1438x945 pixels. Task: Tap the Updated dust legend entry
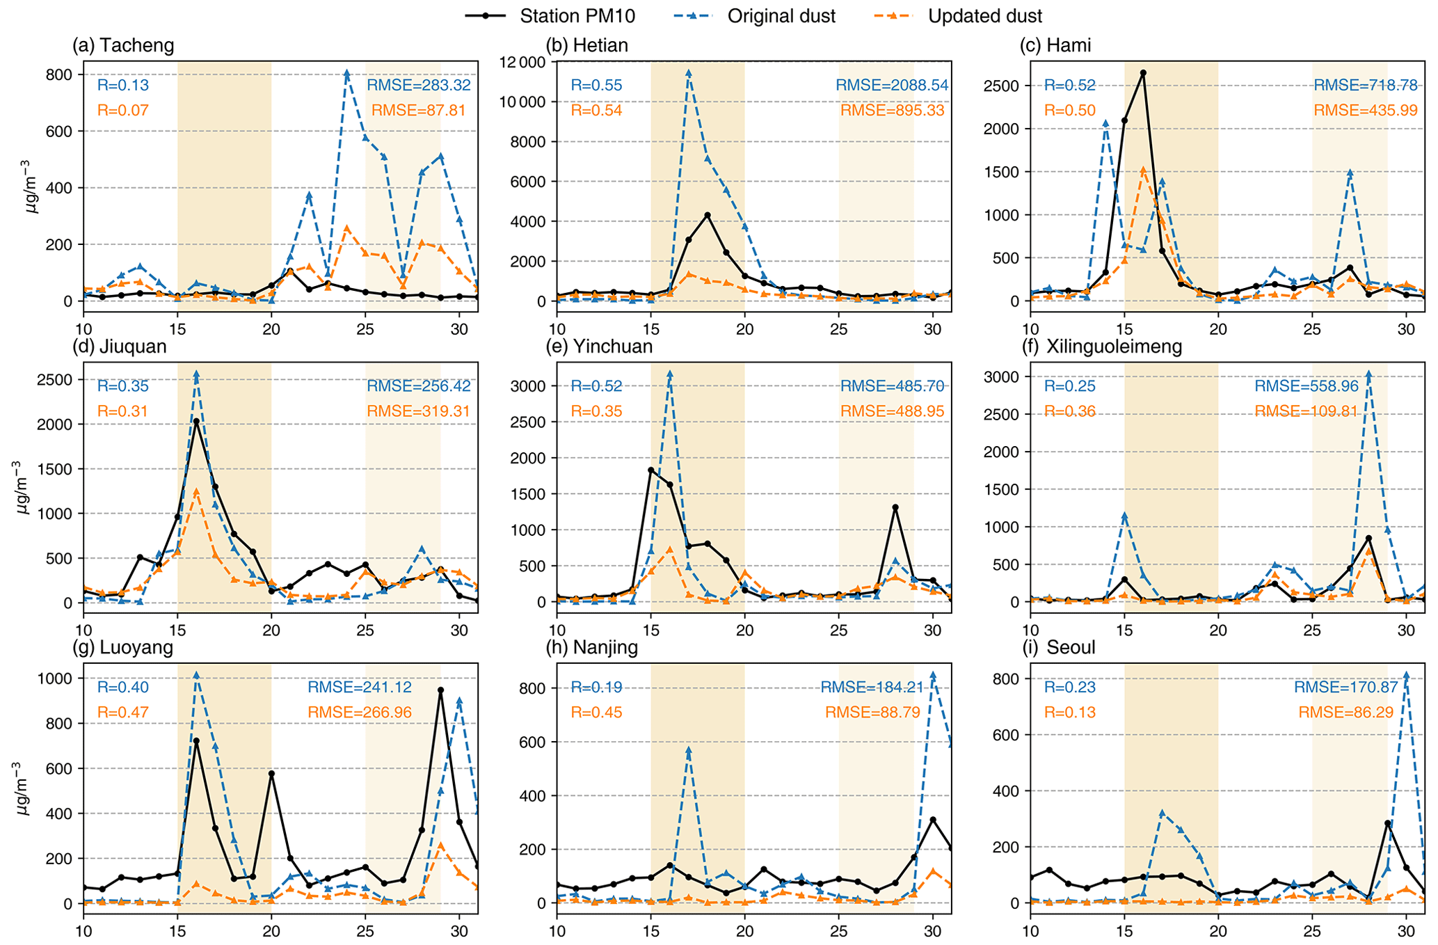984,16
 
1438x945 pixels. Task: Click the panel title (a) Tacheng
123,46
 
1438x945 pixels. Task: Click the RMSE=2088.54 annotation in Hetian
892,86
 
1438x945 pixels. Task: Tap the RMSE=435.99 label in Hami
1365,110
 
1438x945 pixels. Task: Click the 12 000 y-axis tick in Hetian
522,63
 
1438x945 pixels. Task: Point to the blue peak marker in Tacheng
346,73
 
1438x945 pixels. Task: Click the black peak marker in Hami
1143,72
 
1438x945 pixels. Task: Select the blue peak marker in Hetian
689,72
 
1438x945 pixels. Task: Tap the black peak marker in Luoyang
440,690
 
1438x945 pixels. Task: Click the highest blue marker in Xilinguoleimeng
1368,374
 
